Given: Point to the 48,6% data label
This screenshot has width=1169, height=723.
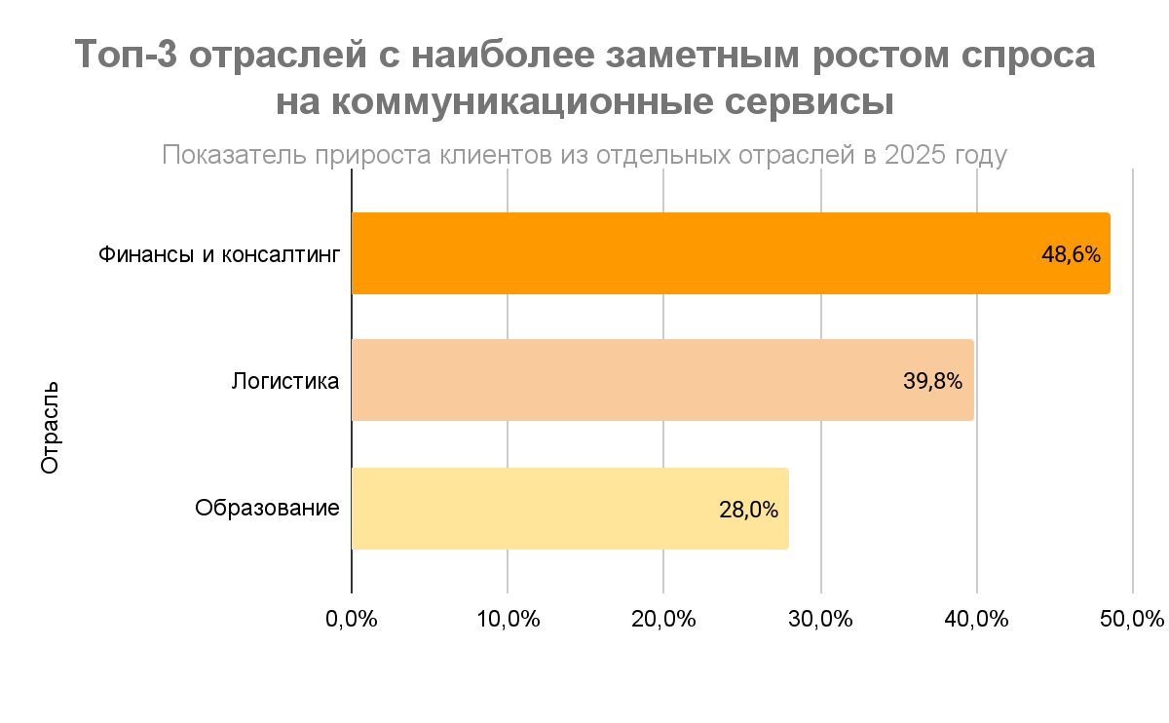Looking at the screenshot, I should click(1071, 255).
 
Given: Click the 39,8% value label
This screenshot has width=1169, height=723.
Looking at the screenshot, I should click(933, 382).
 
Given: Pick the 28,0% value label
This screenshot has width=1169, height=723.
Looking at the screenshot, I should click(748, 510).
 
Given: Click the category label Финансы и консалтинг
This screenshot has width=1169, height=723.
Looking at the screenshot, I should click(219, 255).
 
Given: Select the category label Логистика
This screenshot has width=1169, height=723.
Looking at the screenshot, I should click(285, 381).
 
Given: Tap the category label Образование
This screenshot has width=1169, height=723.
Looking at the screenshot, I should click(267, 509).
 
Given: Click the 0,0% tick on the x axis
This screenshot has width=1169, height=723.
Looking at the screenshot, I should click(352, 620).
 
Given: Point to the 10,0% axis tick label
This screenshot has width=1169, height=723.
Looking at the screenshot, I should click(508, 620).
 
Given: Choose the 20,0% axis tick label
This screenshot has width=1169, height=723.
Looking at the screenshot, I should click(664, 620).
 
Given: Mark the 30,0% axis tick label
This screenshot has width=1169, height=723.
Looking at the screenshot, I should click(821, 620).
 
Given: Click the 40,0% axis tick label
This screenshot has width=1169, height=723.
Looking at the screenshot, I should click(977, 620).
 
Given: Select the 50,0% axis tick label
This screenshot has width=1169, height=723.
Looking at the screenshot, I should click(1134, 620).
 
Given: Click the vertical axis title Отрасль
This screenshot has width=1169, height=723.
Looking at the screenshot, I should click(51, 428).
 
